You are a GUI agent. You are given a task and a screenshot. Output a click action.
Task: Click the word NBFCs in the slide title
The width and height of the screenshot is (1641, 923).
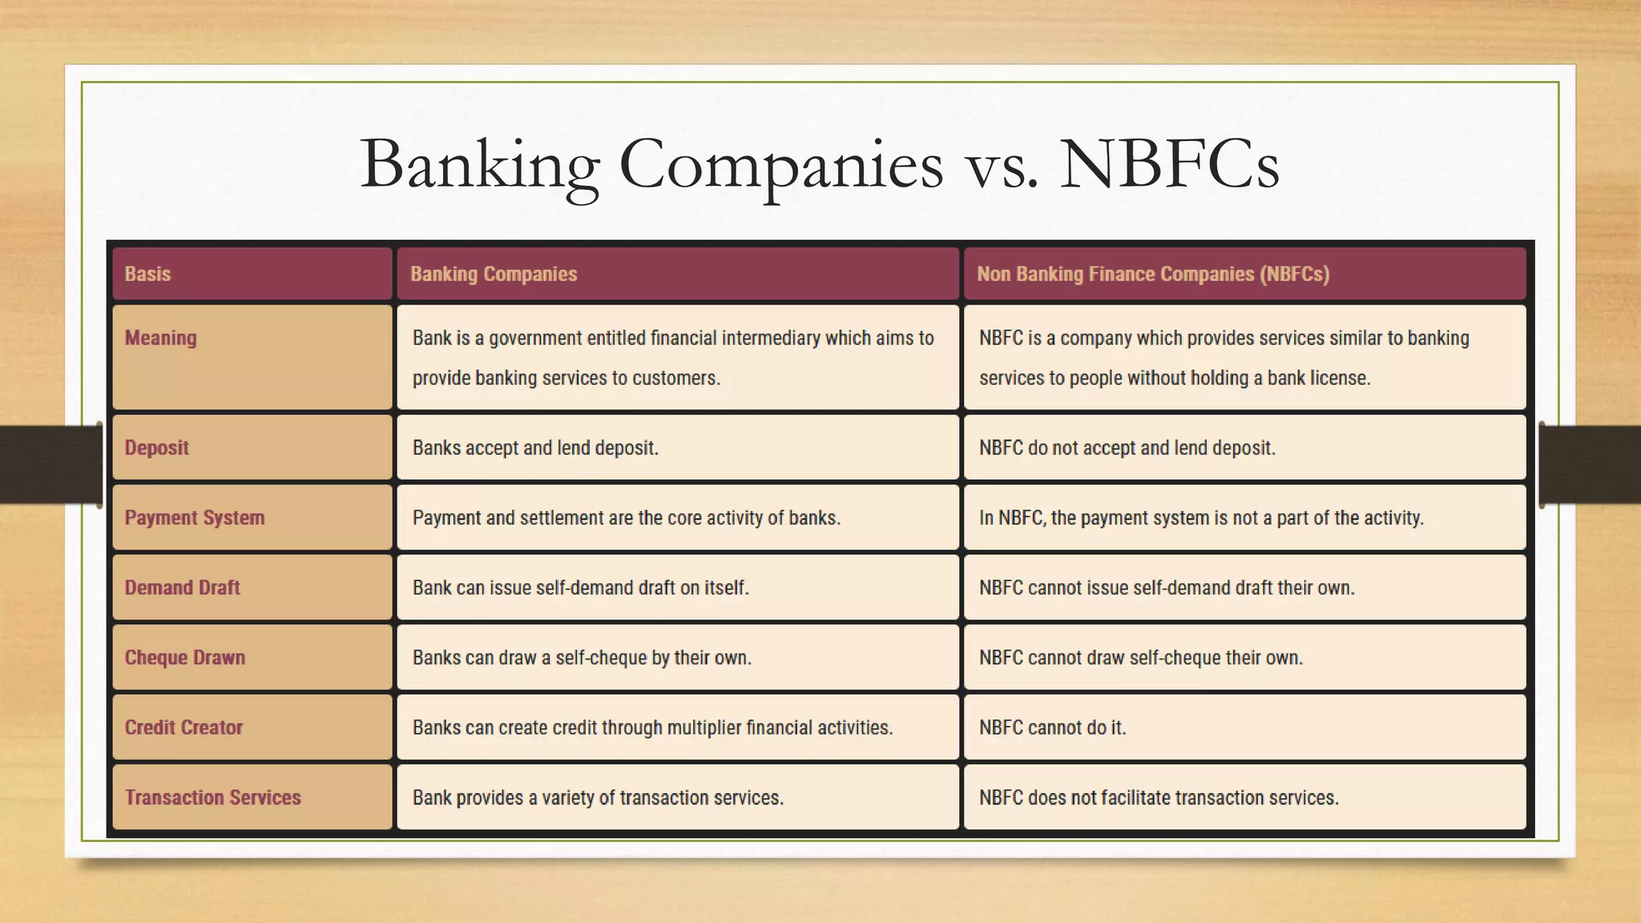[x=1169, y=164]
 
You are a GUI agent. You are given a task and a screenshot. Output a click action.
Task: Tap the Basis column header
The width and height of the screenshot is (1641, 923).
[x=147, y=274]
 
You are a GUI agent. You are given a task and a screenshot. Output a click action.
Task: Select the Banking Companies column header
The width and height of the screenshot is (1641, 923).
[x=494, y=274]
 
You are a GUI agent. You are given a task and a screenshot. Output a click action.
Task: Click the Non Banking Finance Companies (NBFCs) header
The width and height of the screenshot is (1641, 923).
[x=1153, y=274]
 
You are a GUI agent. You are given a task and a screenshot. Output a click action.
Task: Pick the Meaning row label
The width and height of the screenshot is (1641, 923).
[x=160, y=338]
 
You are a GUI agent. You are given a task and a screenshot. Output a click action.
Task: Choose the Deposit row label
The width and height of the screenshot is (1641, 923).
[x=156, y=448]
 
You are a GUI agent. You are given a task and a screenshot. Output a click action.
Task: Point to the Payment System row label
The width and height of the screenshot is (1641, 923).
[x=194, y=518]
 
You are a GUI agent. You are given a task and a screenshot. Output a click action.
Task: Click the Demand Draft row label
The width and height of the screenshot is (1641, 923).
[x=182, y=587]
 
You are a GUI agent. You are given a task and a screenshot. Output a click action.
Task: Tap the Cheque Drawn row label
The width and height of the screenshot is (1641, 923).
[x=184, y=658]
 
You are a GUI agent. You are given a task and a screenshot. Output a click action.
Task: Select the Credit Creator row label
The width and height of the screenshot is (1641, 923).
[x=183, y=728]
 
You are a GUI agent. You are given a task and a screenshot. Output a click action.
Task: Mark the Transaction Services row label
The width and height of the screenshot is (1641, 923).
[x=212, y=797]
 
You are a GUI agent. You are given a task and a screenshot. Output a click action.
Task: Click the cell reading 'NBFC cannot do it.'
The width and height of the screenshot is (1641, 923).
[x=1052, y=728]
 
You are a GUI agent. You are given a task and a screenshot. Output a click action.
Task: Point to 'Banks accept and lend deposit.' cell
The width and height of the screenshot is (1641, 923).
[x=535, y=448]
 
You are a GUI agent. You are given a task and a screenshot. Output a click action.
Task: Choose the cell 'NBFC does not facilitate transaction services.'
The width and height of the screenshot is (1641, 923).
[x=1159, y=797]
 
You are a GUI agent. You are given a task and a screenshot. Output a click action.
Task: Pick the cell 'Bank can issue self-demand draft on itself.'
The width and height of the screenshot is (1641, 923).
[x=580, y=587]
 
